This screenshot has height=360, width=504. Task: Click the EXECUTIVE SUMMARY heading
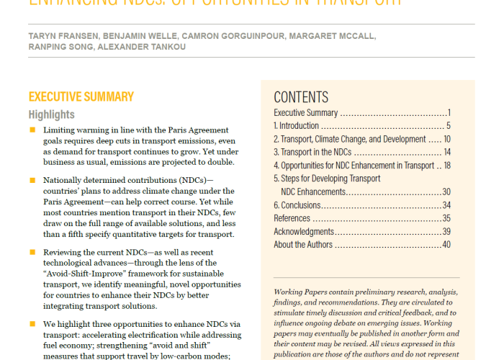coord(81,96)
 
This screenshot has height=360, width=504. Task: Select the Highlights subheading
coord(51,114)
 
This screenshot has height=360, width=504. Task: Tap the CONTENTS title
coord(301,98)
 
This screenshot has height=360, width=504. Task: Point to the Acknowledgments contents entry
coord(304,231)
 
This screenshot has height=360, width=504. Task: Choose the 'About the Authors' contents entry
coord(303,244)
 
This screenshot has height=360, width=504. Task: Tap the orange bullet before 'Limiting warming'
coord(32,130)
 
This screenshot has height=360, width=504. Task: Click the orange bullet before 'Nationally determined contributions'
coord(32,179)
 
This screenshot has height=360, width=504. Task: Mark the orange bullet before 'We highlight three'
coord(32,324)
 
